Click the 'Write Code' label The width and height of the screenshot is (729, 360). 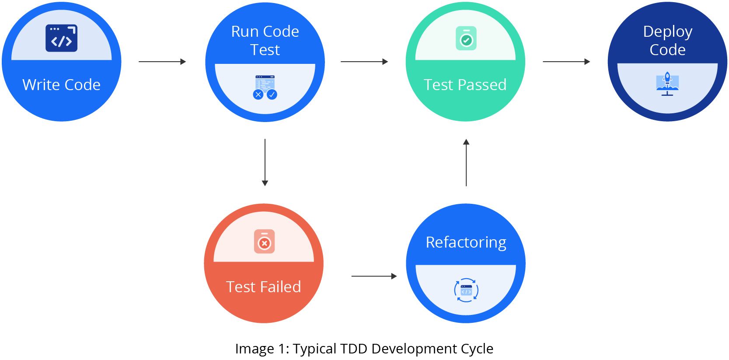tap(61, 84)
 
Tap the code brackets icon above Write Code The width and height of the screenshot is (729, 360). tap(62, 38)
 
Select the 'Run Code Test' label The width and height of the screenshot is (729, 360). tap(265, 40)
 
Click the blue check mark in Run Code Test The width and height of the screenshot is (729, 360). tap(272, 94)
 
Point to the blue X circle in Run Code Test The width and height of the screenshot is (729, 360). tap(258, 94)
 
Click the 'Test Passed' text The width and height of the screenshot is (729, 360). tap(465, 84)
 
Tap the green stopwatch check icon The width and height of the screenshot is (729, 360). tap(466, 38)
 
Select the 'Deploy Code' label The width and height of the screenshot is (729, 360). tap(667, 40)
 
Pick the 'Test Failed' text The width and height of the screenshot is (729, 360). tap(264, 287)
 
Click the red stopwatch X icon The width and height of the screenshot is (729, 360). tap(264, 241)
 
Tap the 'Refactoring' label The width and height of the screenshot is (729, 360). tap(466, 242)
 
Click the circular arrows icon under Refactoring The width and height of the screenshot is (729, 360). tap(466, 290)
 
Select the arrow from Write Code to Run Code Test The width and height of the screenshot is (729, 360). tap(162, 62)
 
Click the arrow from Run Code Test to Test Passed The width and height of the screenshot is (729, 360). tap(364, 62)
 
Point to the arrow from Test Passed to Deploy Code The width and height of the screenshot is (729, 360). tap(566, 62)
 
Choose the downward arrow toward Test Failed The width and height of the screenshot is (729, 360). tap(265, 162)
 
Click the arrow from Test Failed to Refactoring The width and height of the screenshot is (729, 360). tap(374, 276)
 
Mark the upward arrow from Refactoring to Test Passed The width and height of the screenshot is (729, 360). tap(466, 162)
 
